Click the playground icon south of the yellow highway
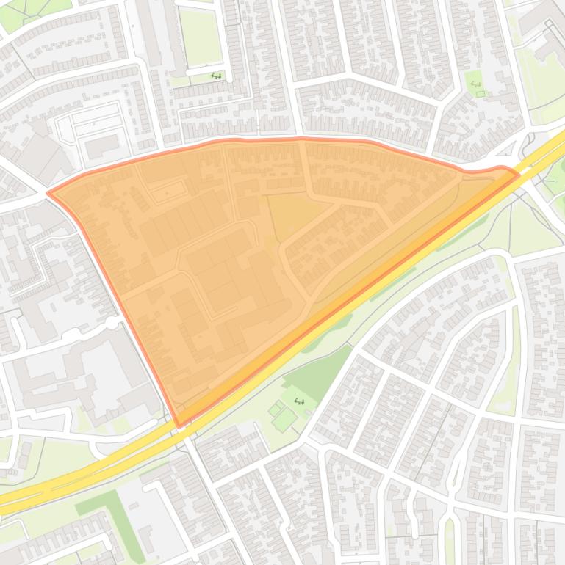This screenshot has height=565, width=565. point(299,401)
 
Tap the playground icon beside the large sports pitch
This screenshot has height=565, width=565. point(216,76)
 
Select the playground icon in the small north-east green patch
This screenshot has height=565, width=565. point(475,84)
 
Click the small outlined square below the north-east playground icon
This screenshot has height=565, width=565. point(481,94)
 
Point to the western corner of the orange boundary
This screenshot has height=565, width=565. point(48,194)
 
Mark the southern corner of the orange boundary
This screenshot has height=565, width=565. point(179,425)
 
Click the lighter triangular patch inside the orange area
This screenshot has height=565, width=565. point(294,213)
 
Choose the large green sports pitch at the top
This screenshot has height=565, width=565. point(200,37)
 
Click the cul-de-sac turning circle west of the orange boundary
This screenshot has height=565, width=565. point(112,323)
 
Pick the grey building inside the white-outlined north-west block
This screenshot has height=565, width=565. point(101,145)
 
